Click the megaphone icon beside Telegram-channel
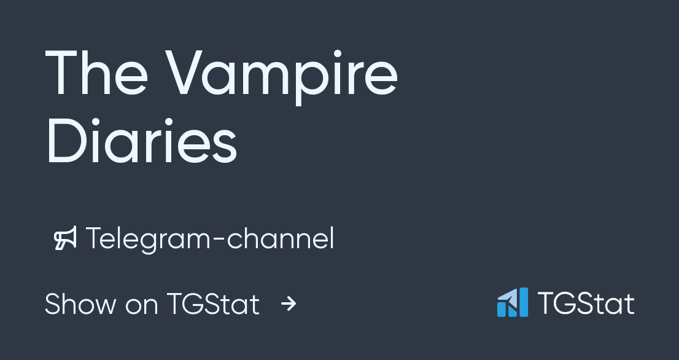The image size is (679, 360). (x=65, y=239)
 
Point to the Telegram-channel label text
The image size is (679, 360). (x=210, y=239)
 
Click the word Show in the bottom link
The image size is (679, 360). (x=80, y=304)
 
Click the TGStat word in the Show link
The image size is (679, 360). (x=212, y=304)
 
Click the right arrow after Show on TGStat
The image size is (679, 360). (x=289, y=303)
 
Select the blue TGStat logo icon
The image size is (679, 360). (x=512, y=303)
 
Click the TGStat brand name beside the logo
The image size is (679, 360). (x=586, y=303)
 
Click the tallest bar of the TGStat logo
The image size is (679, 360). (x=522, y=302)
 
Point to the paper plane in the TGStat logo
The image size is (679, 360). (x=507, y=299)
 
